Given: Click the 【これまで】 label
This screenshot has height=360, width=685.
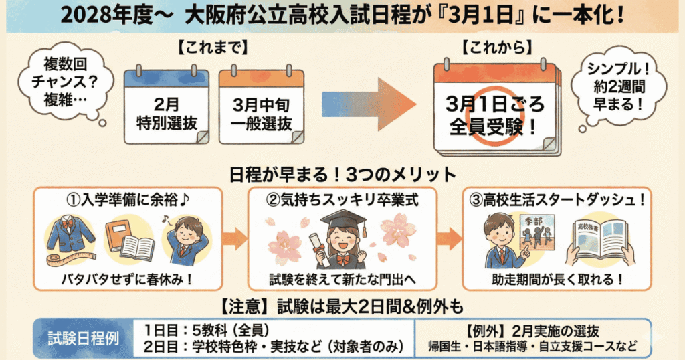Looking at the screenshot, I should pyautogui.click(x=214, y=49).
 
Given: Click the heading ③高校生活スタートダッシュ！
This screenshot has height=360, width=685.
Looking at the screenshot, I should pyautogui.click(x=557, y=200).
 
